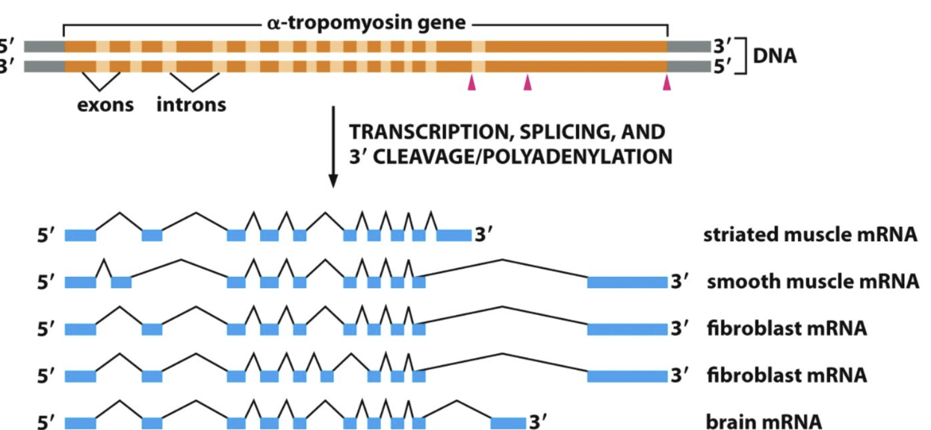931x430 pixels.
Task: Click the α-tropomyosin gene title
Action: [x=366, y=23]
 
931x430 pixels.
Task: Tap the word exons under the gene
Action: [x=105, y=104]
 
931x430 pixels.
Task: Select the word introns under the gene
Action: [x=191, y=104]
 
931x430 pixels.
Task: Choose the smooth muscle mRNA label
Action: [x=812, y=282]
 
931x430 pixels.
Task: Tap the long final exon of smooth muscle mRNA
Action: [x=627, y=282]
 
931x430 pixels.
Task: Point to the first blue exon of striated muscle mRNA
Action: [x=80, y=236]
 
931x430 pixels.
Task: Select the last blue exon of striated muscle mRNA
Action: [x=454, y=236]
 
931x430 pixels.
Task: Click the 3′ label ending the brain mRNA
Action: [x=538, y=422]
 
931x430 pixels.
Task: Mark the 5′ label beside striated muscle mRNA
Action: [x=46, y=236]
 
